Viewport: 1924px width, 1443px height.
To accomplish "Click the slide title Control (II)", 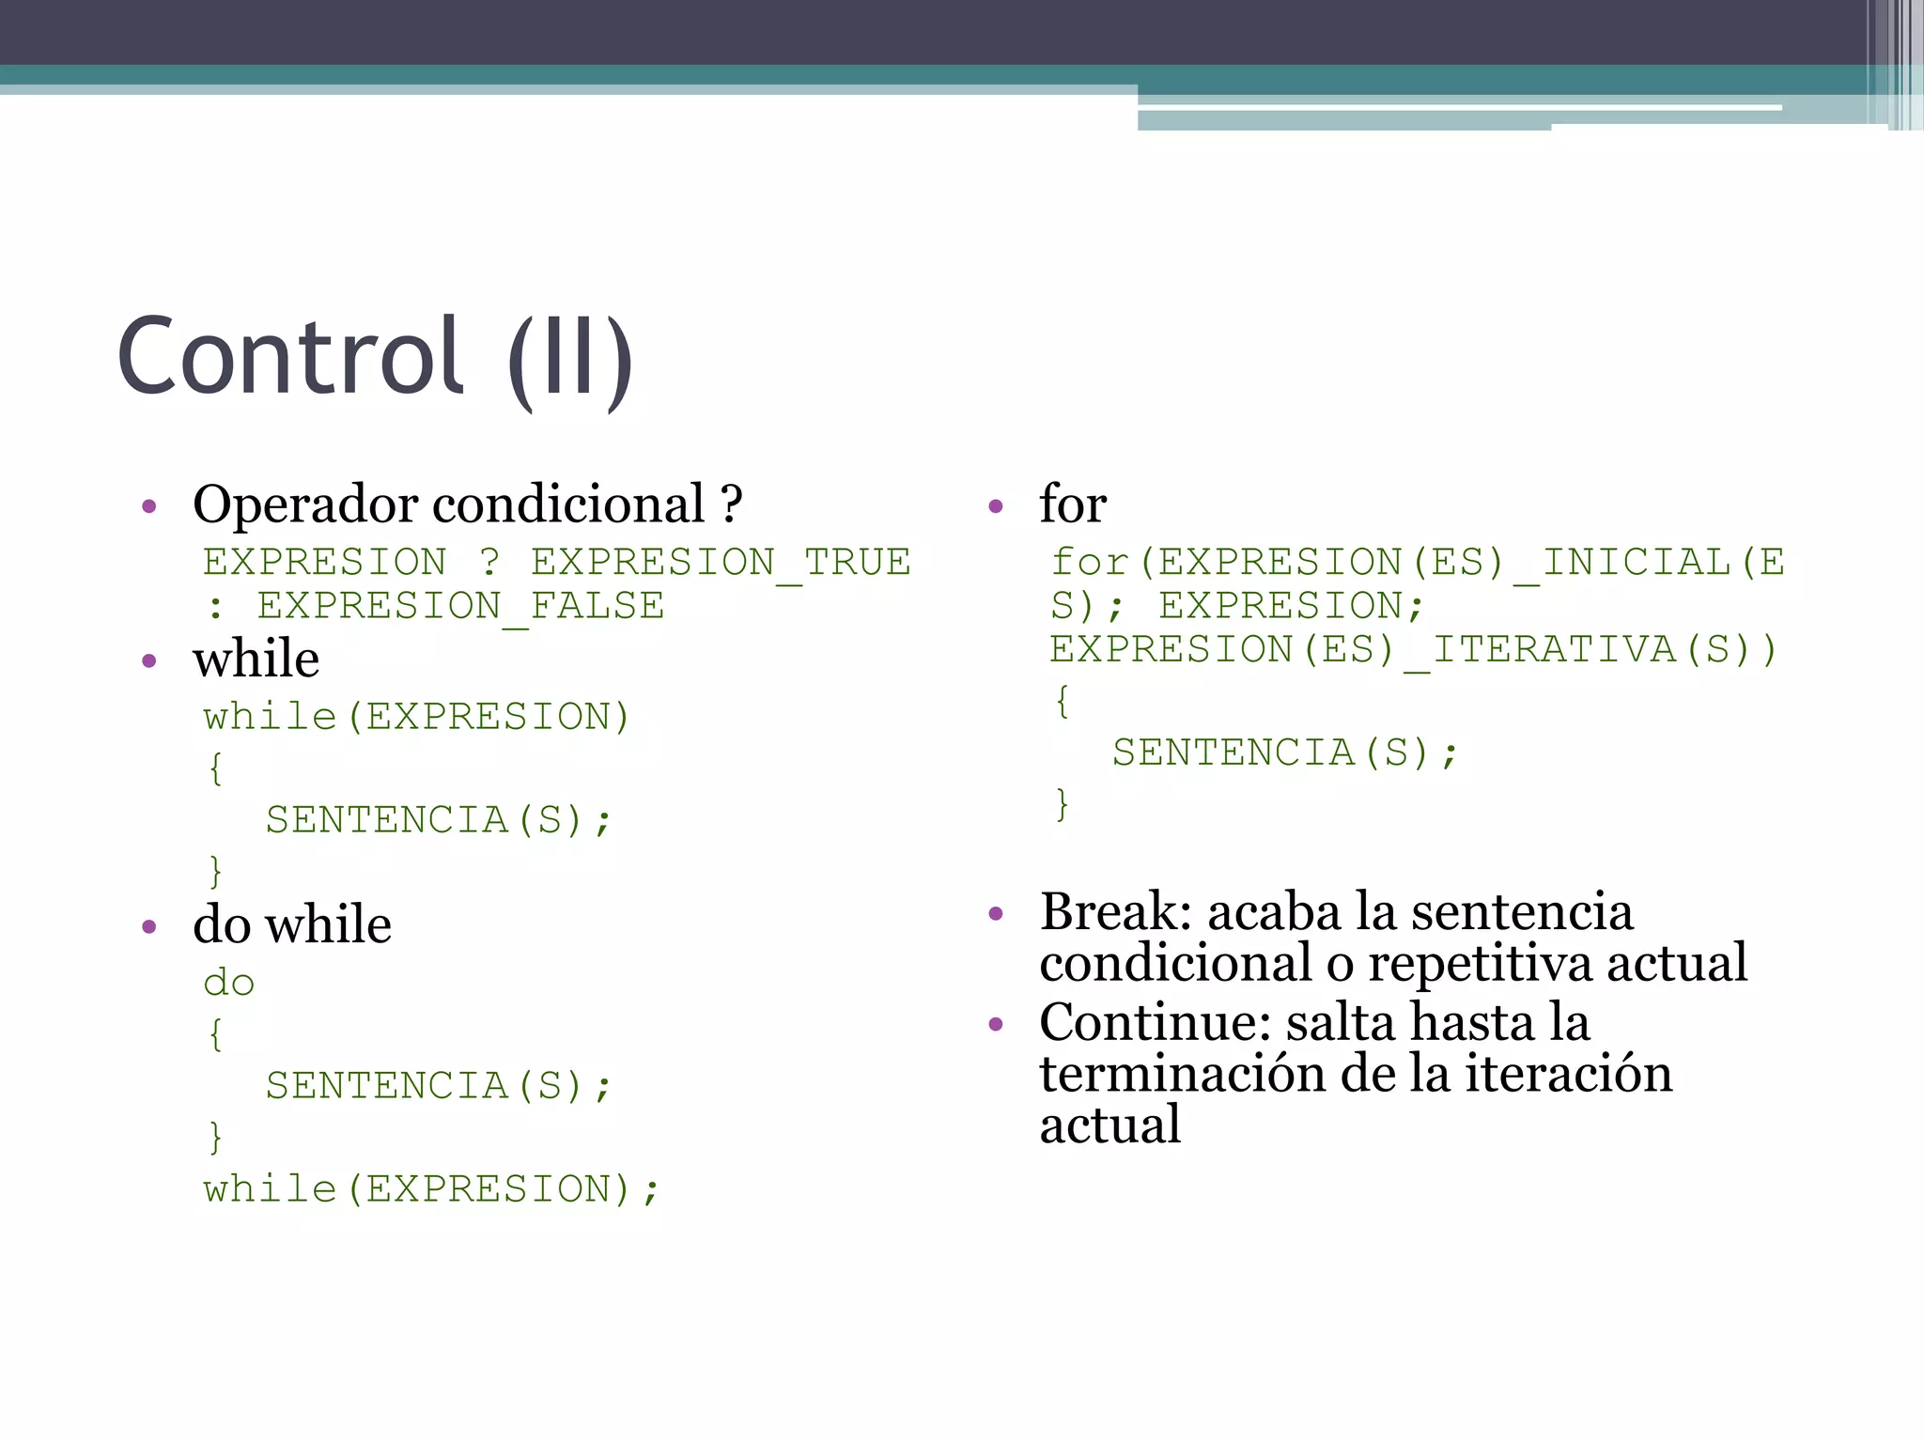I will (x=375, y=359).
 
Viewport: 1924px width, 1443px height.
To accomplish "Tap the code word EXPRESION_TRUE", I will (x=721, y=563).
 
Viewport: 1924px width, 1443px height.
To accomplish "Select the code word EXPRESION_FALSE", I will (x=460, y=606).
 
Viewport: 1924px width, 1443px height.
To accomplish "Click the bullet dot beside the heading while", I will (x=149, y=661).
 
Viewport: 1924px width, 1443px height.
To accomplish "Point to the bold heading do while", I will (x=292, y=924).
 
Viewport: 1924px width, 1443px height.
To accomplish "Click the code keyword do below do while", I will (x=228, y=984).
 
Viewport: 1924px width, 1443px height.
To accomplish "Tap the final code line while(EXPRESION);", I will (x=432, y=1189).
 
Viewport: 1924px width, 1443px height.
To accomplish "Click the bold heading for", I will (x=1073, y=504).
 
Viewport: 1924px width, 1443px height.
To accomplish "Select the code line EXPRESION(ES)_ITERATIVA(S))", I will (x=1413, y=650).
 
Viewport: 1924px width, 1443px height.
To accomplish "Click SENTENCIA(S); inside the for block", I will (x=1284, y=753).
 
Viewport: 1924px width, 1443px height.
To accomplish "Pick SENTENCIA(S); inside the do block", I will (x=439, y=1087).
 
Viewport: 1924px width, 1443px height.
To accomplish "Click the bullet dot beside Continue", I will (x=997, y=1023).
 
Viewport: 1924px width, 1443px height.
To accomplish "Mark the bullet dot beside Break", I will (x=997, y=913).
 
